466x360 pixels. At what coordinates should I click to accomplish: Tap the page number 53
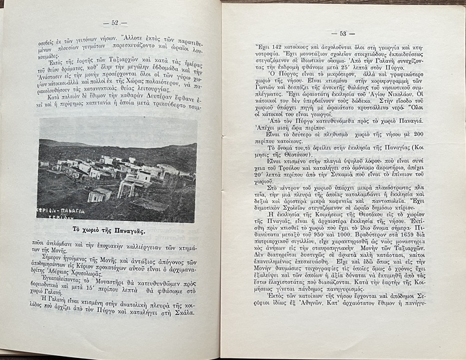click(339, 33)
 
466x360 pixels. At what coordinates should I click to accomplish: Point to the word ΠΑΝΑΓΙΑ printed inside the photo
click(65, 211)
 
